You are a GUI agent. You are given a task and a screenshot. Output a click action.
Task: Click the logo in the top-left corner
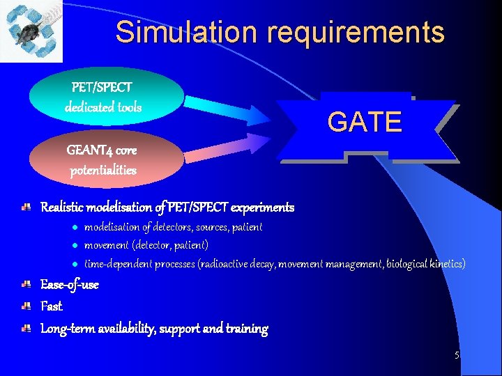pos(31,31)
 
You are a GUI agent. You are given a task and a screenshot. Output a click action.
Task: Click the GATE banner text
pos(365,122)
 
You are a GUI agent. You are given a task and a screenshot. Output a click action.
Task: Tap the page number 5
pos(457,355)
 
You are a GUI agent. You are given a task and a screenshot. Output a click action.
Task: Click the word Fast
pos(52,306)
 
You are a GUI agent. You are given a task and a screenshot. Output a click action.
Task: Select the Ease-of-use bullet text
pos(70,285)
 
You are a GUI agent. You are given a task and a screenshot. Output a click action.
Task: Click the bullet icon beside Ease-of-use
pos(25,285)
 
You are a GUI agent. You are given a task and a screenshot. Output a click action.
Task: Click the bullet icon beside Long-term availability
pos(25,328)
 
